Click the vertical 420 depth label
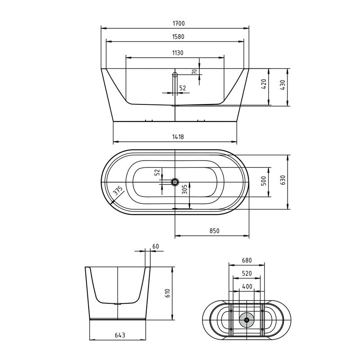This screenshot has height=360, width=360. coord(264,84)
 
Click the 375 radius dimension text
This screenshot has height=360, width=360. coord(118,192)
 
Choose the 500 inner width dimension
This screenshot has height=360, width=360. coord(264,181)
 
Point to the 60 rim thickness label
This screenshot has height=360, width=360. coord(156,246)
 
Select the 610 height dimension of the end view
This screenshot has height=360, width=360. coord(167,293)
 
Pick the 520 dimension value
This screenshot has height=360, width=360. coord(246,273)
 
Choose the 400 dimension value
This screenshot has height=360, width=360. coord(246,286)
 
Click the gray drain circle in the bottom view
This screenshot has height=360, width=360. coord(246,320)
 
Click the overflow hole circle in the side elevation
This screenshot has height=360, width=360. coord(175,74)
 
